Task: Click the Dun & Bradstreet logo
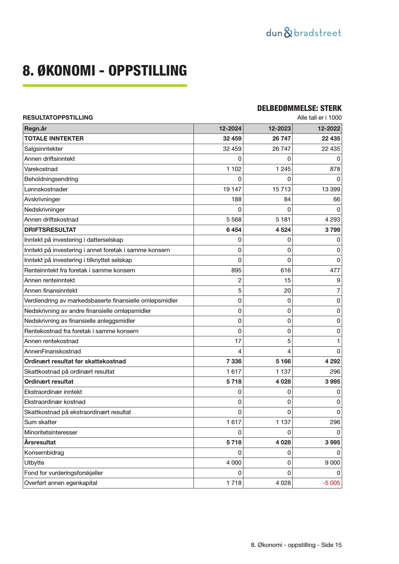(x=304, y=33)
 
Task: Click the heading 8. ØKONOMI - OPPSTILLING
(x=104, y=71)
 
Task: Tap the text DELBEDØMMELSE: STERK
(x=299, y=108)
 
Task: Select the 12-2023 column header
(x=279, y=129)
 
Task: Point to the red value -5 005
(x=331, y=483)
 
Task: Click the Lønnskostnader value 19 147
(x=232, y=189)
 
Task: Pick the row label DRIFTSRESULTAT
(x=50, y=230)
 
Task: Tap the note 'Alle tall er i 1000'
(x=319, y=118)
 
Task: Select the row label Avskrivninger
(x=42, y=199)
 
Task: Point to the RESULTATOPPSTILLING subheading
(x=58, y=118)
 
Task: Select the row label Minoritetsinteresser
(x=50, y=432)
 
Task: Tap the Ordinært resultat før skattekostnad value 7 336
(x=234, y=361)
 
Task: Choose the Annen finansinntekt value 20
(x=287, y=291)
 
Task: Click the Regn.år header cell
(x=35, y=129)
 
